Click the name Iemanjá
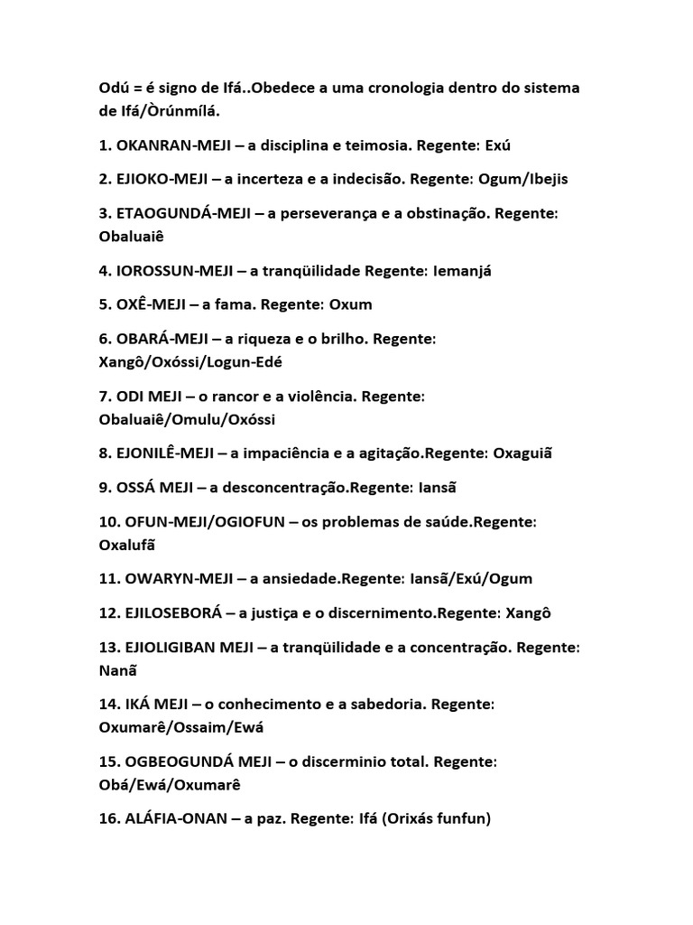(x=453, y=270)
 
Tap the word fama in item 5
(x=244, y=304)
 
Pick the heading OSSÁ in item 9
(x=136, y=488)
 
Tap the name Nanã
(x=118, y=670)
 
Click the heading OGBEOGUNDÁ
(x=170, y=761)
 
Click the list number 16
(x=107, y=819)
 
